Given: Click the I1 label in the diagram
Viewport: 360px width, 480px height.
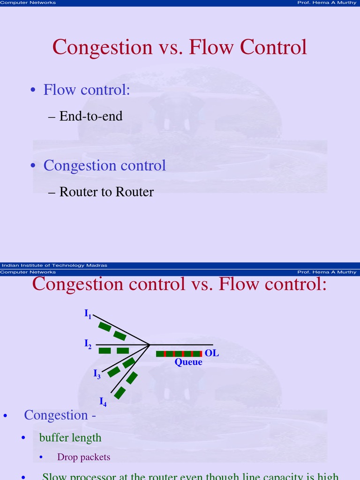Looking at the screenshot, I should coord(88,315).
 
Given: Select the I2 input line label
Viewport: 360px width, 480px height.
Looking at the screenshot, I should coord(88,345).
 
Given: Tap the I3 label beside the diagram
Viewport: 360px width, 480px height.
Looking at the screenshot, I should coord(97,374).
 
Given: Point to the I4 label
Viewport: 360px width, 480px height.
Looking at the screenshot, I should coord(103,402).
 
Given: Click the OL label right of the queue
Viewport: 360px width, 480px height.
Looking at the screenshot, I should coord(212,353).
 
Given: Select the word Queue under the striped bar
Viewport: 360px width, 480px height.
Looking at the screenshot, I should coord(188,362).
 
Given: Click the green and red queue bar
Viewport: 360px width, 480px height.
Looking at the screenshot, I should coord(179,353).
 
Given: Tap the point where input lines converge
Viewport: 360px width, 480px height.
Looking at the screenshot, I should coord(149,345).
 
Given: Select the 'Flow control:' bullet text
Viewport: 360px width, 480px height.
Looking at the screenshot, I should coord(87,90).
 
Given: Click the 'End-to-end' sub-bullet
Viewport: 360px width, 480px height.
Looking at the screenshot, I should coord(91,116).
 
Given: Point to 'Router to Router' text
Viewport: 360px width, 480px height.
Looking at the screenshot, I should coord(106,192).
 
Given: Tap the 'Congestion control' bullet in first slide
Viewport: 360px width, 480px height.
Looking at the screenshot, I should coord(105,165).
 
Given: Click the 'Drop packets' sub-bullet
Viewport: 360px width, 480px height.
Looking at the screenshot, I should coord(83,457).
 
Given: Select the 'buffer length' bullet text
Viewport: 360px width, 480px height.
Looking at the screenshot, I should coord(70,438).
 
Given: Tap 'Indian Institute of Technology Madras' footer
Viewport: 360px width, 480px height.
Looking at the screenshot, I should coord(54,265).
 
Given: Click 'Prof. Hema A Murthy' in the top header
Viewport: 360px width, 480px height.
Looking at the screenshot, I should coord(327,3).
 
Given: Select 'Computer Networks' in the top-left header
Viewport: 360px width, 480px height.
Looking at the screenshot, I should coord(28,3).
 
